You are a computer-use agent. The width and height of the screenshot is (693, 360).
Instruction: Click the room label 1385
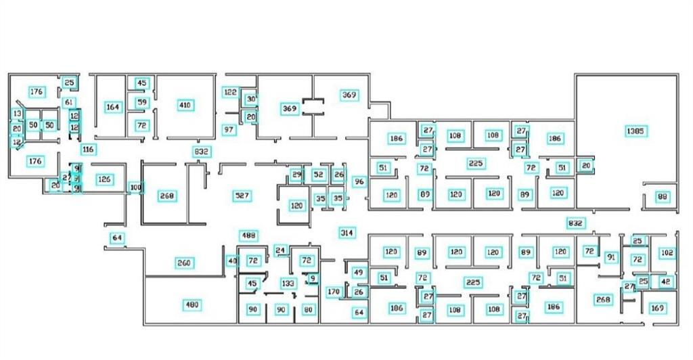635,131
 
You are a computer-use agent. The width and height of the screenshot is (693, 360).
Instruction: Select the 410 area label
185,105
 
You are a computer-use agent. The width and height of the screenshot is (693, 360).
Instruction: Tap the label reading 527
242,196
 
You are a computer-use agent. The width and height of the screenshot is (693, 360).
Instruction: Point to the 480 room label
192,305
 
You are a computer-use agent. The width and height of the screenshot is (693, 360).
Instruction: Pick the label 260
185,263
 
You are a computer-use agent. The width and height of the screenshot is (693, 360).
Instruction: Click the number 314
346,233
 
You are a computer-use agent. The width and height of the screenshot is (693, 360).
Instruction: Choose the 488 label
249,235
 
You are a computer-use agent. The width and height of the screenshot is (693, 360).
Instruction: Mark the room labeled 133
288,283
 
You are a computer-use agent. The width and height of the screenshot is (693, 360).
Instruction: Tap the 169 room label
657,309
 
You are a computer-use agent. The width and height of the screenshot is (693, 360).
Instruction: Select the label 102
667,253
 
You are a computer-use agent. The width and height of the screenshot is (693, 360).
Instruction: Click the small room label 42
666,281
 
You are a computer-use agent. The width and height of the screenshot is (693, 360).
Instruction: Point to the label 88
663,197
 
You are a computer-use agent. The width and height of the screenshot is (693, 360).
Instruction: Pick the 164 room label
113,107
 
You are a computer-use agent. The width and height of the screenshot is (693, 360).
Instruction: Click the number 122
231,92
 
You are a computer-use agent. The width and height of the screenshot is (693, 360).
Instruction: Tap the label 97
229,129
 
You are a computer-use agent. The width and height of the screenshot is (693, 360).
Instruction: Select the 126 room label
104,179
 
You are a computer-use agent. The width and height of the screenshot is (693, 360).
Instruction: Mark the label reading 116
87,149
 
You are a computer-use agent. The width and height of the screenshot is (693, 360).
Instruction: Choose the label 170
333,292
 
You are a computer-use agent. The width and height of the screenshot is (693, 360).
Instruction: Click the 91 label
611,257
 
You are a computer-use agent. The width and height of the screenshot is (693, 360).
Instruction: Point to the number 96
359,181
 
